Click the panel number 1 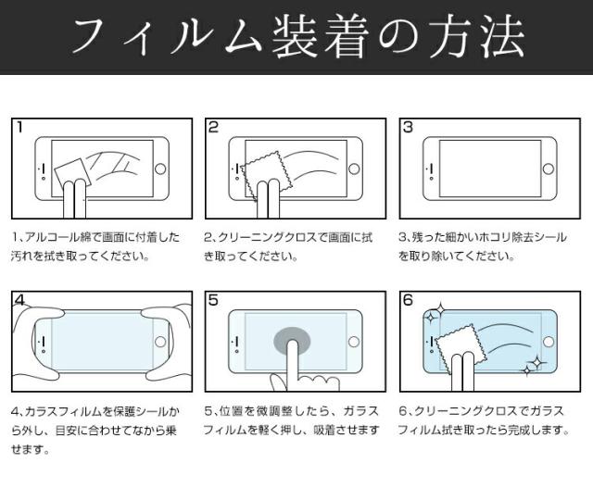point(20,127)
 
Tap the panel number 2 point(214,127)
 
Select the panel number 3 point(408,127)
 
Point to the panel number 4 point(19,300)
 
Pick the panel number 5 point(214,300)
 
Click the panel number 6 point(408,300)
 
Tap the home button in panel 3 point(549,169)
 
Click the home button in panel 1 point(160,169)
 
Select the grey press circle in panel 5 point(292,340)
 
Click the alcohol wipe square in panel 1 point(73,175)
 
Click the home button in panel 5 point(354,342)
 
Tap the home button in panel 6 point(549,342)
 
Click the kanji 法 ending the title point(502,37)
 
